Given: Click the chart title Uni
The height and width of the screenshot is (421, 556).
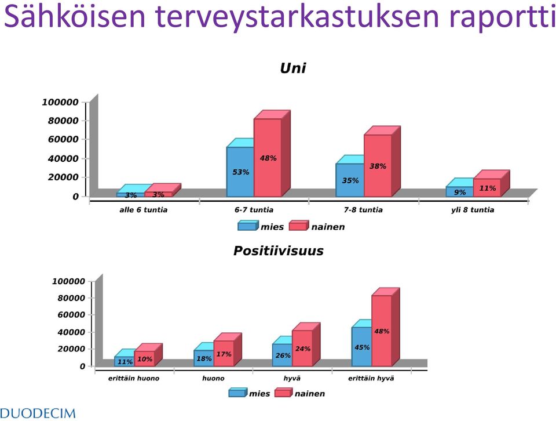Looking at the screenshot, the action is pos(292,68).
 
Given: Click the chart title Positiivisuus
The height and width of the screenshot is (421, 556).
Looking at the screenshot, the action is pos(279,251).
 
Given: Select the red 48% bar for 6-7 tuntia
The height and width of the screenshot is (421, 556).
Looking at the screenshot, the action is pos(268,158).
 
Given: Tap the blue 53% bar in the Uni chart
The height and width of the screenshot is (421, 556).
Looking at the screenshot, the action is pos(240,172).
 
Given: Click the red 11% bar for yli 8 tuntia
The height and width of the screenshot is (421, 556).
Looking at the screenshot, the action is pos(487,188).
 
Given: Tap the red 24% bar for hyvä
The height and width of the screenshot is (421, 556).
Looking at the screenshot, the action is pos(302,349).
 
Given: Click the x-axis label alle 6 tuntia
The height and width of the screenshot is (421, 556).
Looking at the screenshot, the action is pos(143,210).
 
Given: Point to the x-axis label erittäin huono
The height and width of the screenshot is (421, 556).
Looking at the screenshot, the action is pos(134,379).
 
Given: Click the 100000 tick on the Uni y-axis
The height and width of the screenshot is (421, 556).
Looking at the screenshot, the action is pos(60,102).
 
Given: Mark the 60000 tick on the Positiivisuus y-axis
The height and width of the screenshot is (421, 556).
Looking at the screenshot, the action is pos(71,315).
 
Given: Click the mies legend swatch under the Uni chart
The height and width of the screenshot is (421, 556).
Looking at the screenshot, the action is pos(247,226).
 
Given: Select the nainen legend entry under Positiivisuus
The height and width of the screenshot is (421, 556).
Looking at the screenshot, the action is pos(300,393).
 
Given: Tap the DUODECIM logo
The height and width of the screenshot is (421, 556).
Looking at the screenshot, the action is pos(38,413).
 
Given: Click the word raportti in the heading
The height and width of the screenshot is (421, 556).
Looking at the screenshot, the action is pos(502,17).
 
